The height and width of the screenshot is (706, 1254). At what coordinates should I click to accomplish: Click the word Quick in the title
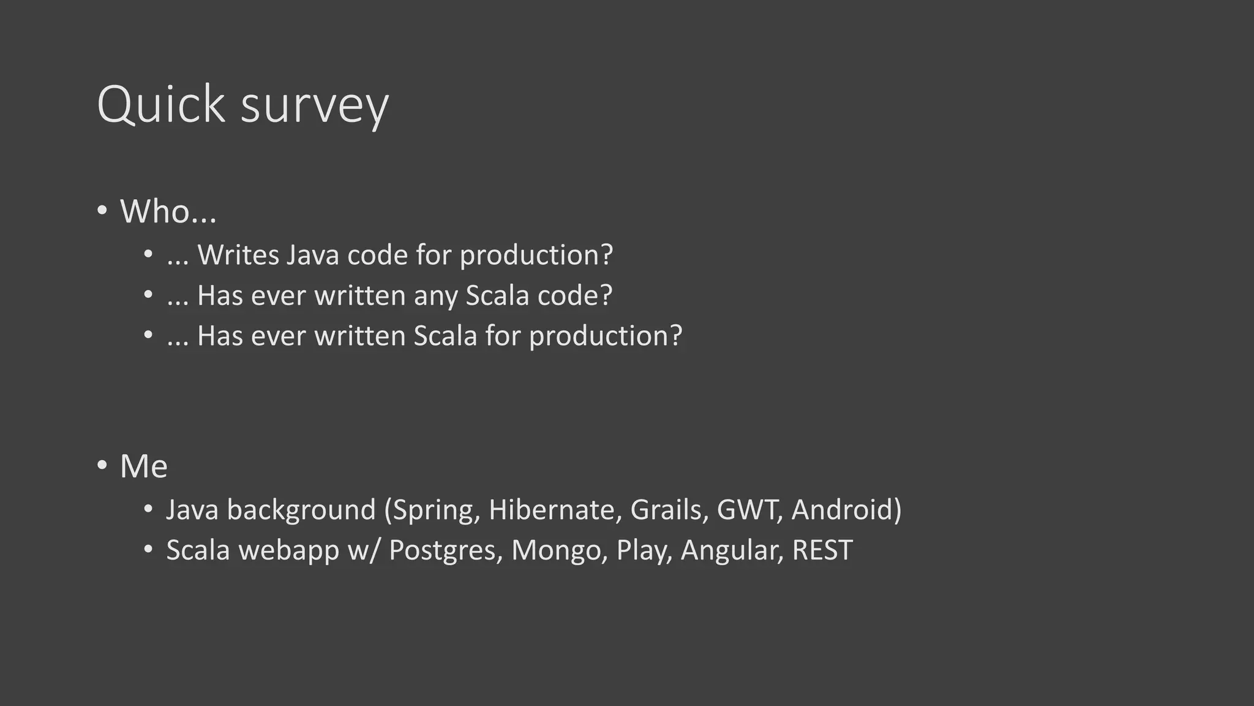[x=161, y=104]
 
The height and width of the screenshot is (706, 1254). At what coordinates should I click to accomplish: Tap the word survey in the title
[x=315, y=105]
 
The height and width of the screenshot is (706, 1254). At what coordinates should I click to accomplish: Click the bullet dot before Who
[x=102, y=211]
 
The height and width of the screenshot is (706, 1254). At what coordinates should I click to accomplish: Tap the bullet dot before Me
[x=102, y=465]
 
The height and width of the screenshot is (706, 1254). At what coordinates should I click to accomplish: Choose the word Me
[x=144, y=466]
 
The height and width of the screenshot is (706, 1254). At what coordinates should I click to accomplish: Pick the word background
[x=301, y=511]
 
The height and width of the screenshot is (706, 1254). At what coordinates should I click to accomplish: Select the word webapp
[x=289, y=550]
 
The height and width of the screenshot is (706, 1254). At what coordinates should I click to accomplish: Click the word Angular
[x=732, y=551]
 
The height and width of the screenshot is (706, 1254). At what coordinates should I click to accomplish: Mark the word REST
[x=822, y=550]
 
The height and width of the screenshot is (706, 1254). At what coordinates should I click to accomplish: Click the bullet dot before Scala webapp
[x=148, y=549]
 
